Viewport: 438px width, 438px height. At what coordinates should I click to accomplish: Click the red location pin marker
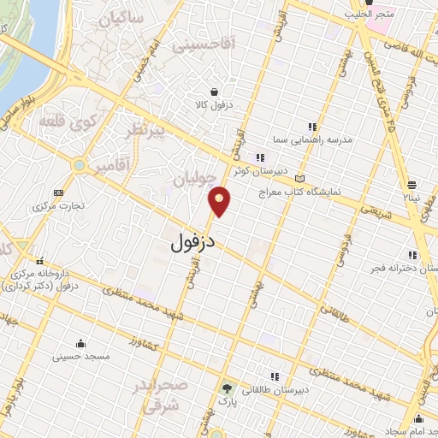click(x=221, y=201)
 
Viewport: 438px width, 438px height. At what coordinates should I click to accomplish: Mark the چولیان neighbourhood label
click(x=192, y=178)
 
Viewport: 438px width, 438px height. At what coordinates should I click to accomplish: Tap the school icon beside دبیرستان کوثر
click(x=261, y=157)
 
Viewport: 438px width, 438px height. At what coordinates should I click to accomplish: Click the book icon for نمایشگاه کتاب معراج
click(x=299, y=179)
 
